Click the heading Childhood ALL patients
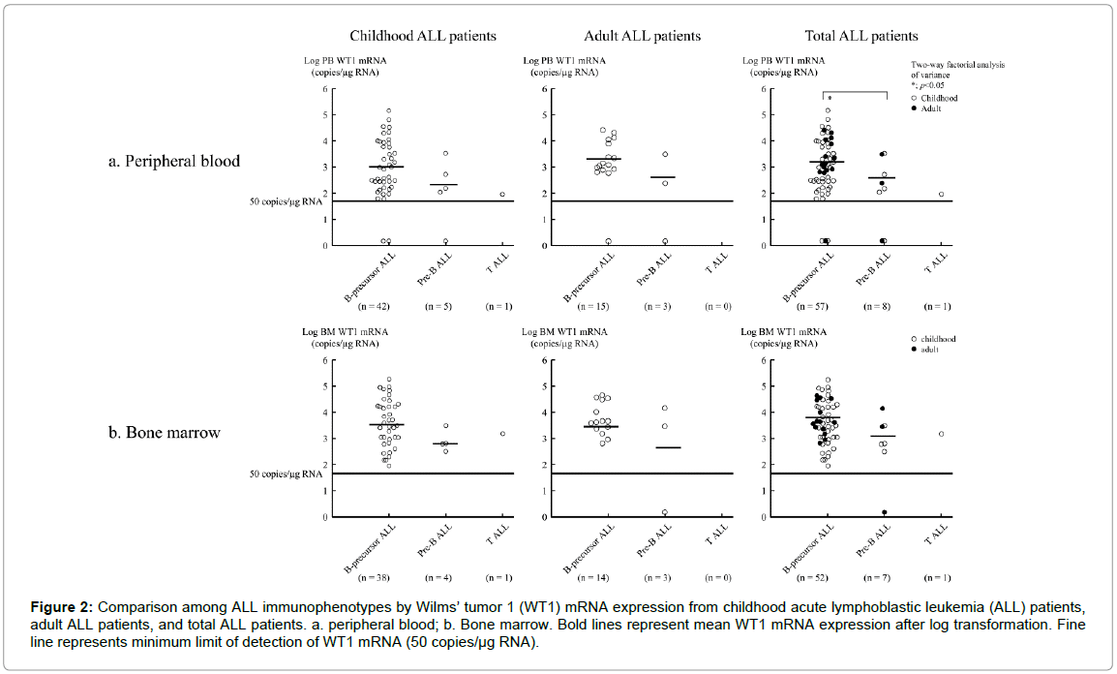[423, 36]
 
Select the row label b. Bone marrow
[165, 432]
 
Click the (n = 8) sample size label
[879, 306]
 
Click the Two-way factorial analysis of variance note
[957, 70]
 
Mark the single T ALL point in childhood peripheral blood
[501, 195]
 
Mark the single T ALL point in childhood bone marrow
[501, 434]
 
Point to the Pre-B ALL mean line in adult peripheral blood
[663, 177]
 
